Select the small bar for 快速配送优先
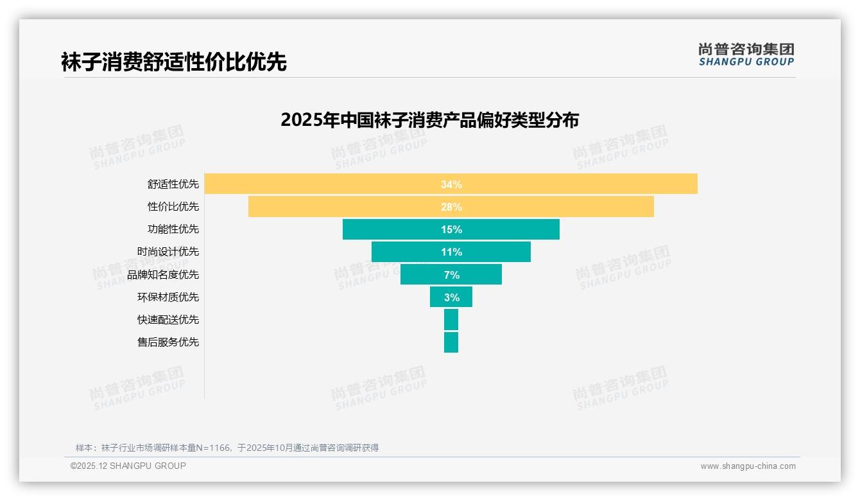click(x=451, y=319)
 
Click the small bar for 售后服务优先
click(x=451, y=342)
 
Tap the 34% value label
click(x=451, y=184)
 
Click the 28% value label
click(x=451, y=207)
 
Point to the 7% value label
click(x=451, y=275)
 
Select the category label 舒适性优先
click(x=173, y=184)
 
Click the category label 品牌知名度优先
click(x=163, y=275)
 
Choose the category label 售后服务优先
click(x=168, y=342)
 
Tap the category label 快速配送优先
click(x=168, y=320)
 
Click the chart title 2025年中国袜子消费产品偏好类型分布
click(x=429, y=120)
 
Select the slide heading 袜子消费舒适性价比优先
click(x=173, y=62)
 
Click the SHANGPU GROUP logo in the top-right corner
click(x=746, y=55)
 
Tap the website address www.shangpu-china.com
click(x=748, y=466)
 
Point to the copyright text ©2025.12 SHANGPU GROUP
click(x=128, y=466)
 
